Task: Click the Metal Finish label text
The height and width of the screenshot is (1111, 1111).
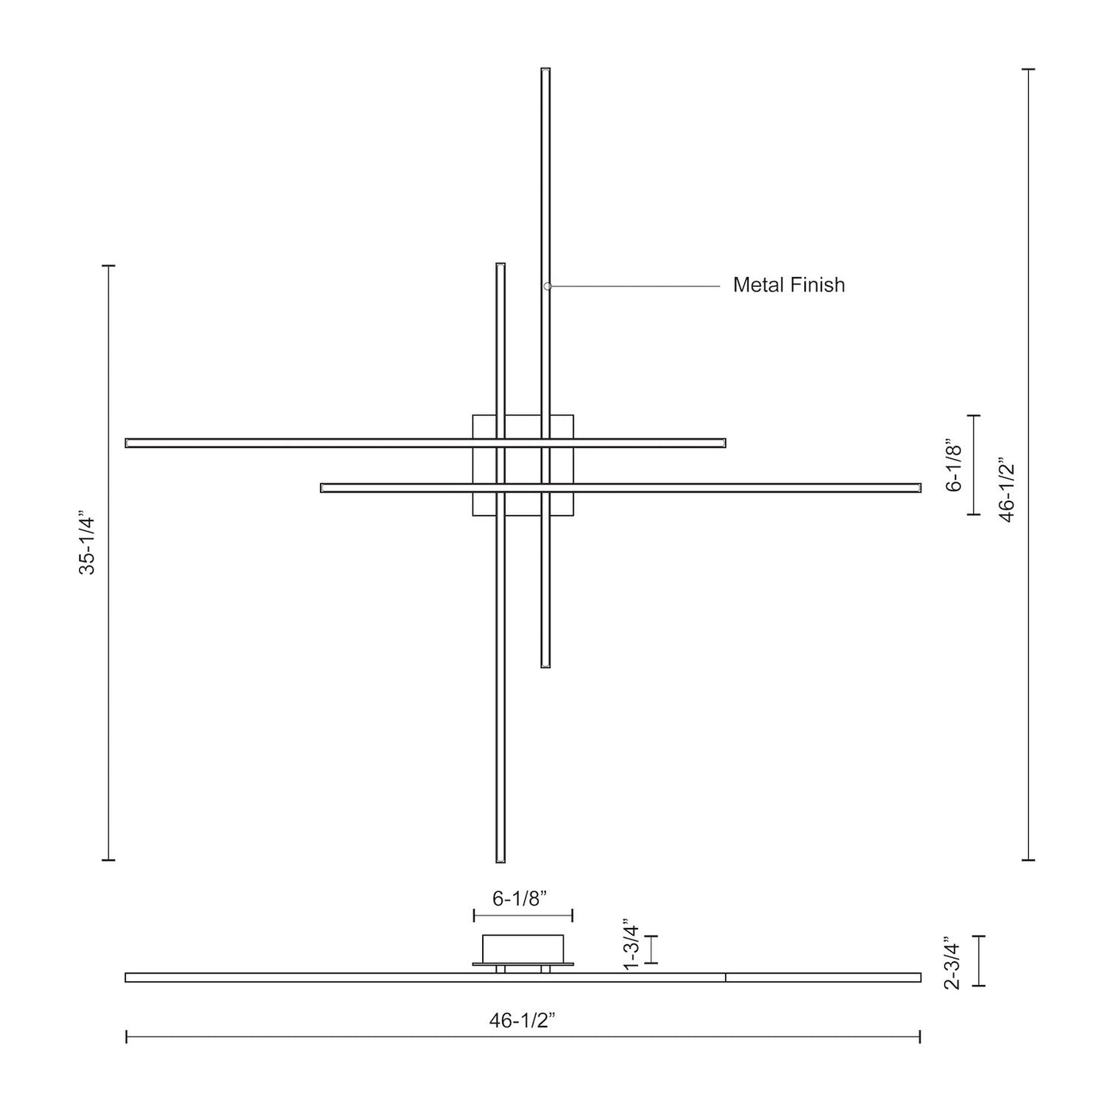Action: tap(788, 285)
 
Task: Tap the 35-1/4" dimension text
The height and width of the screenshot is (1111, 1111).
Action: tap(87, 545)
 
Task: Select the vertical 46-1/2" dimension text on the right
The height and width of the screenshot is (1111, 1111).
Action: tap(1006, 491)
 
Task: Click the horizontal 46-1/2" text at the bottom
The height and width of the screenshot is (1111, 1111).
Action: tap(522, 1020)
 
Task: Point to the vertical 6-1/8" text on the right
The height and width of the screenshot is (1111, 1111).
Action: tap(953, 465)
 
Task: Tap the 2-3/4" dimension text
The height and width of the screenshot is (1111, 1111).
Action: tap(952, 961)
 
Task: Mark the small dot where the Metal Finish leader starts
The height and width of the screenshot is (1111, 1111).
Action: tap(547, 286)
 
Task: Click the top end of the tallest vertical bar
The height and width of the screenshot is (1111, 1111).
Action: tap(545, 71)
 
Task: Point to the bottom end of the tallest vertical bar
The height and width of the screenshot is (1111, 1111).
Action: tap(545, 665)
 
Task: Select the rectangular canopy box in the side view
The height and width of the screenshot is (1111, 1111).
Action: tap(523, 948)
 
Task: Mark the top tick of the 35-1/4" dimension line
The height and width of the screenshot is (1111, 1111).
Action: tap(108, 265)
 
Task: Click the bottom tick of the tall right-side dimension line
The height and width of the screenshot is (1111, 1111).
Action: tap(1028, 860)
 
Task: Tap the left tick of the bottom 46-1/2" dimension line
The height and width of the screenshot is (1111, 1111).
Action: tap(126, 1037)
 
